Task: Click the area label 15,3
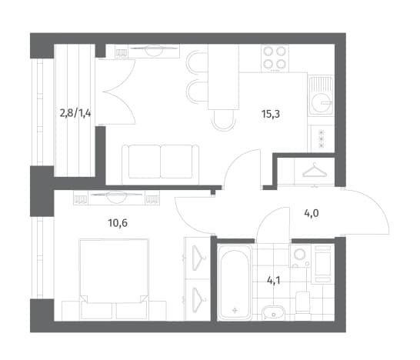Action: pyautogui.click(x=271, y=114)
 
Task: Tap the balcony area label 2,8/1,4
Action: pyautogui.click(x=75, y=113)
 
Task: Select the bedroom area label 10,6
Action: pyautogui.click(x=118, y=223)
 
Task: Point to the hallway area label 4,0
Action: pyautogui.click(x=312, y=214)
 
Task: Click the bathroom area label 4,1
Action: pyautogui.click(x=274, y=281)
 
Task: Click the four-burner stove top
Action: pyautogui.click(x=275, y=58)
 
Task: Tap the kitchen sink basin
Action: pyautogui.click(x=322, y=102)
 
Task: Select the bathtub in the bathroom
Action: pyautogui.click(x=235, y=282)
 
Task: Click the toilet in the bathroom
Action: pyautogui.click(x=302, y=302)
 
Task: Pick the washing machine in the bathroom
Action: pyautogui.click(x=300, y=256)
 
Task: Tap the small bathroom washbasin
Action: pyautogui.click(x=273, y=312)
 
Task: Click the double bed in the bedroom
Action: pyautogui.click(x=114, y=278)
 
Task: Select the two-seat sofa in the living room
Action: pyautogui.click(x=161, y=164)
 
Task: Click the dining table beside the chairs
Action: pyautogui.click(x=223, y=77)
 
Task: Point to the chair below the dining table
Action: pyautogui.click(x=223, y=121)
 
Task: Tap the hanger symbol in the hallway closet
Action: pyautogui.click(x=315, y=171)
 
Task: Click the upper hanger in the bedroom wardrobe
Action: pyautogui.click(x=198, y=258)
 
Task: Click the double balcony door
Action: pyautogui.click(x=115, y=92)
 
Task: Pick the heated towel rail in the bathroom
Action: pyautogui.click(x=323, y=264)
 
